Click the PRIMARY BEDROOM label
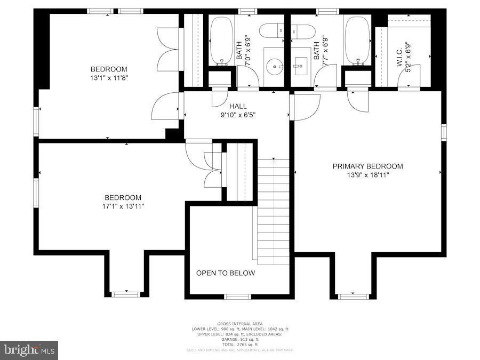367,166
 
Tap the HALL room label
238,106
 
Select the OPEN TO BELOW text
225,273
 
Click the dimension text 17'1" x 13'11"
123,206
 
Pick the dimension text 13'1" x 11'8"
109,77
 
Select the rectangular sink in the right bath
299,67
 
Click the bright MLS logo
29,350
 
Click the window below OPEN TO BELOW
237,297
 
